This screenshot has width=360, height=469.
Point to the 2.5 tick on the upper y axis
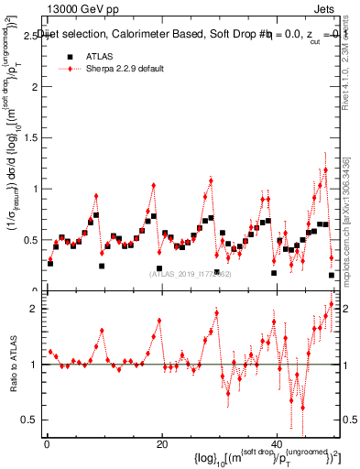tap(30, 36)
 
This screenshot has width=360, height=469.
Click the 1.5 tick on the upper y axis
tap(30, 138)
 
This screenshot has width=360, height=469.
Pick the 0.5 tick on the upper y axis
tap(30, 240)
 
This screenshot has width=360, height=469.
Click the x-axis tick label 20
tap(162, 444)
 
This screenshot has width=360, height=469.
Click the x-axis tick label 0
tap(47, 444)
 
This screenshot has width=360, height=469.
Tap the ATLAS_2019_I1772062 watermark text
tap(190, 273)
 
